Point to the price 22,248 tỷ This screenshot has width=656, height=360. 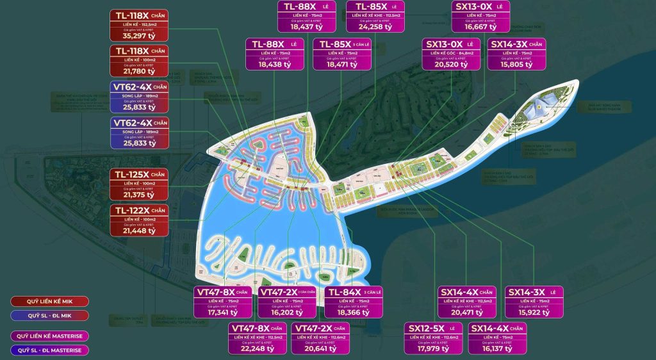pyautogui.click(x=258, y=349)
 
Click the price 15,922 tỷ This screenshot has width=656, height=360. pyautogui.click(x=533, y=313)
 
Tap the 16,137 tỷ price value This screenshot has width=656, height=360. pyautogui.click(x=497, y=349)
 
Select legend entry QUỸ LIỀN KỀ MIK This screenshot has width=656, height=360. pyautogui.click(x=50, y=301)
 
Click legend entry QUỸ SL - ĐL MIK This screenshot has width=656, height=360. pyautogui.click(x=50, y=315)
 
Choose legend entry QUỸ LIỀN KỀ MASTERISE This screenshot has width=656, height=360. pyautogui.click(x=50, y=336)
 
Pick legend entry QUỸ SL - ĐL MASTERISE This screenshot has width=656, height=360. pyautogui.click(x=50, y=350)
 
